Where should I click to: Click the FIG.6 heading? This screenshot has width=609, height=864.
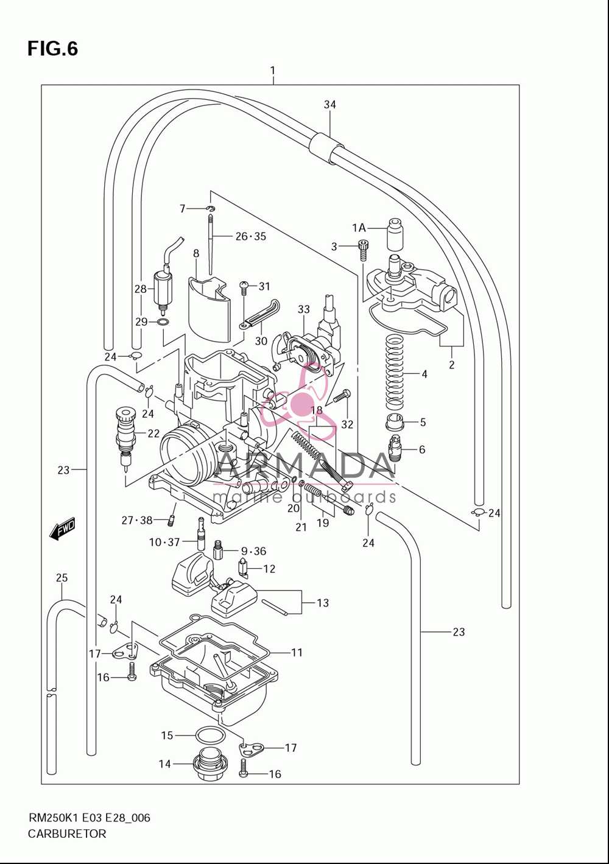point(52,49)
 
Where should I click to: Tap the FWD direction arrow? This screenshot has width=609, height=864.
point(62,529)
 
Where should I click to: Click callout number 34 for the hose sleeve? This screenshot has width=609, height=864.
point(329,105)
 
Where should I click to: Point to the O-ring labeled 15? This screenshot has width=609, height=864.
point(211,736)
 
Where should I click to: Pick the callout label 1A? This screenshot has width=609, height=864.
point(359,228)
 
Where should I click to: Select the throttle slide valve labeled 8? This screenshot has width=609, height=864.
point(208,309)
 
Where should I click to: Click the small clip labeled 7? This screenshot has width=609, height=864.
point(211,209)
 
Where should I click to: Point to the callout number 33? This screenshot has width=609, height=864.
point(303,309)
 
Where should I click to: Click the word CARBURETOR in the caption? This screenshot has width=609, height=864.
point(67,834)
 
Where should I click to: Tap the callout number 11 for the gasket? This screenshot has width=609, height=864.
point(297,652)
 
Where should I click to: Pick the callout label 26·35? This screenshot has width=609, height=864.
point(251,236)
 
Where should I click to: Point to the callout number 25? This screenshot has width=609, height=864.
point(62,577)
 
